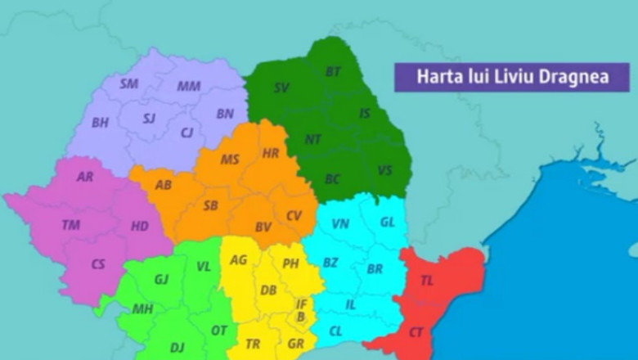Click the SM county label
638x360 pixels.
coord(128,83)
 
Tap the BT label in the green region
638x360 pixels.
coord(333,72)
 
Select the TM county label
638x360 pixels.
coord(71,224)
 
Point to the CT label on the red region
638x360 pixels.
coord(416,332)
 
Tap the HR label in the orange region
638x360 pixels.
coord(271,153)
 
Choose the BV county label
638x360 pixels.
coord(263,227)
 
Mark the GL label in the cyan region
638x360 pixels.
coord(387,222)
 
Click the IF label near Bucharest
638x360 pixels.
coord(301,304)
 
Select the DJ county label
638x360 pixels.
coord(177,348)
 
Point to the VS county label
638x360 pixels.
coord(384,170)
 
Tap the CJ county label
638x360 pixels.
coord(187,133)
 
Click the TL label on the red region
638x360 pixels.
coord(427,280)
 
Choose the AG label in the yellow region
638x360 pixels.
coord(238,259)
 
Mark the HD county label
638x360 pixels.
coord(140,226)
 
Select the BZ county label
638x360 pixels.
coord(330,263)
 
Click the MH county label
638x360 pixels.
coord(142,309)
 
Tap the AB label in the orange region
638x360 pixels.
coord(164,185)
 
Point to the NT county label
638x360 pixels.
coord(313,139)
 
